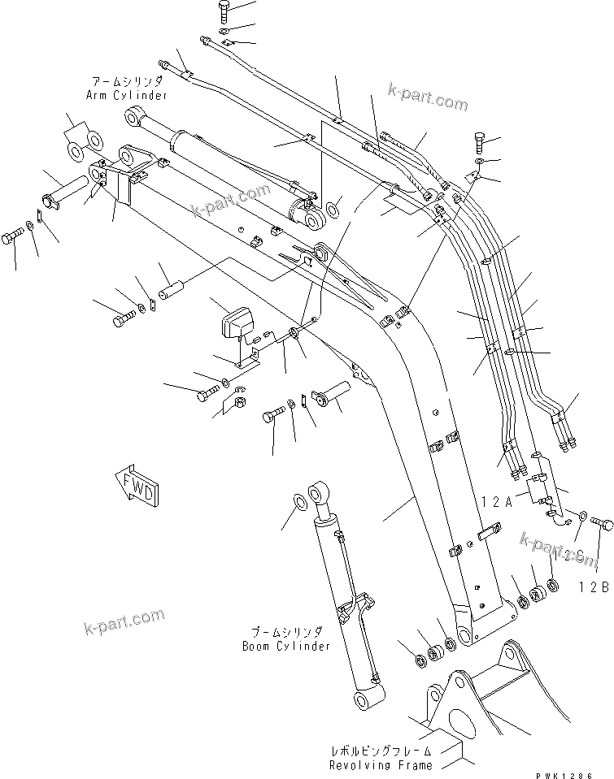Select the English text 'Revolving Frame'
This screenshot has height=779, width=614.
pyautogui.click(x=381, y=765)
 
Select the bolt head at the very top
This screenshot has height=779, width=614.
pyautogui.click(x=225, y=10)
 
